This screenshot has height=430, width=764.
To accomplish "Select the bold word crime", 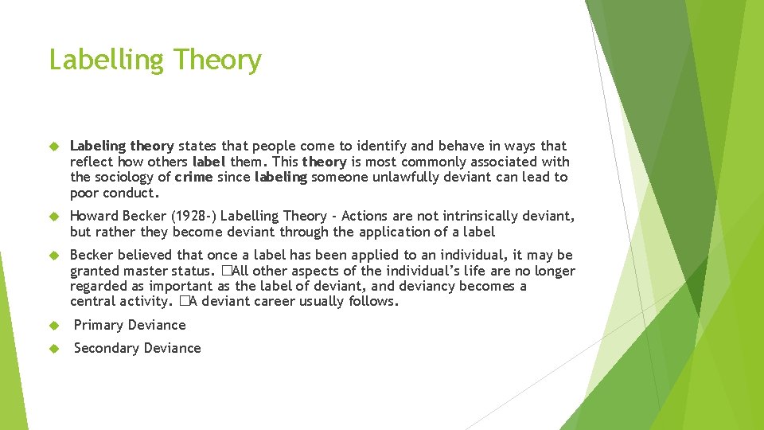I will [193, 178].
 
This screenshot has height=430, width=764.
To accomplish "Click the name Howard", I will [94, 217].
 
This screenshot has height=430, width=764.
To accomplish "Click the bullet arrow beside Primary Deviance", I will [54, 326].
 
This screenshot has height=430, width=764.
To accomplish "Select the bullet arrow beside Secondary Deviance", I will [54, 349].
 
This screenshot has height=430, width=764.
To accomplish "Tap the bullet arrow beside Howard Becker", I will [54, 217].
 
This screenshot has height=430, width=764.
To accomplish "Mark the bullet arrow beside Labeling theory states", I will [54, 147].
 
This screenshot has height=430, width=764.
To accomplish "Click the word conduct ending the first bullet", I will [131, 193].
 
